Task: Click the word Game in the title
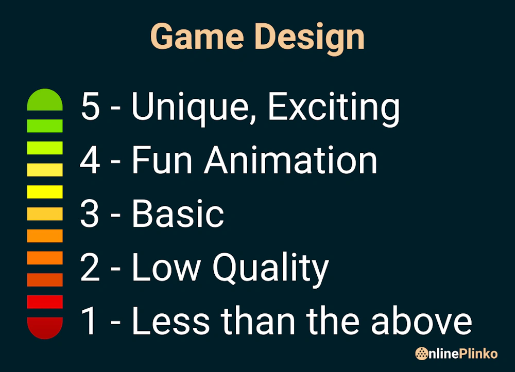point(196,37)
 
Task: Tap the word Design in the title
point(310,37)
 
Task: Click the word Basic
point(178,214)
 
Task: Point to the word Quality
point(271,268)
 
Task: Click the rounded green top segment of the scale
point(45,100)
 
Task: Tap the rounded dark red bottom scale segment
point(45,328)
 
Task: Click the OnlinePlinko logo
point(456,353)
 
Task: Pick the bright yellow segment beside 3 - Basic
point(45,192)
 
